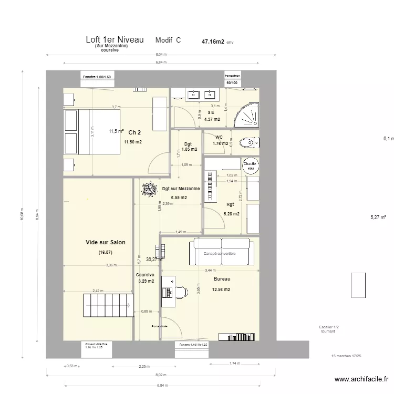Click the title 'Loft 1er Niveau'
coord(115,40)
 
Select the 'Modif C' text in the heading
coord(168,40)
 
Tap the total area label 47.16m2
coord(213,40)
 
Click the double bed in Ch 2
coord(92,132)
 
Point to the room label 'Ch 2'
coord(134,132)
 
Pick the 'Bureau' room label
coord(222,279)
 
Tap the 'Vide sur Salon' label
coord(106,242)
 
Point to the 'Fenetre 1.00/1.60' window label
coord(98,77)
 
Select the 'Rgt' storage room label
coord(230,205)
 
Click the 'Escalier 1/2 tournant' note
coord(328,329)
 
